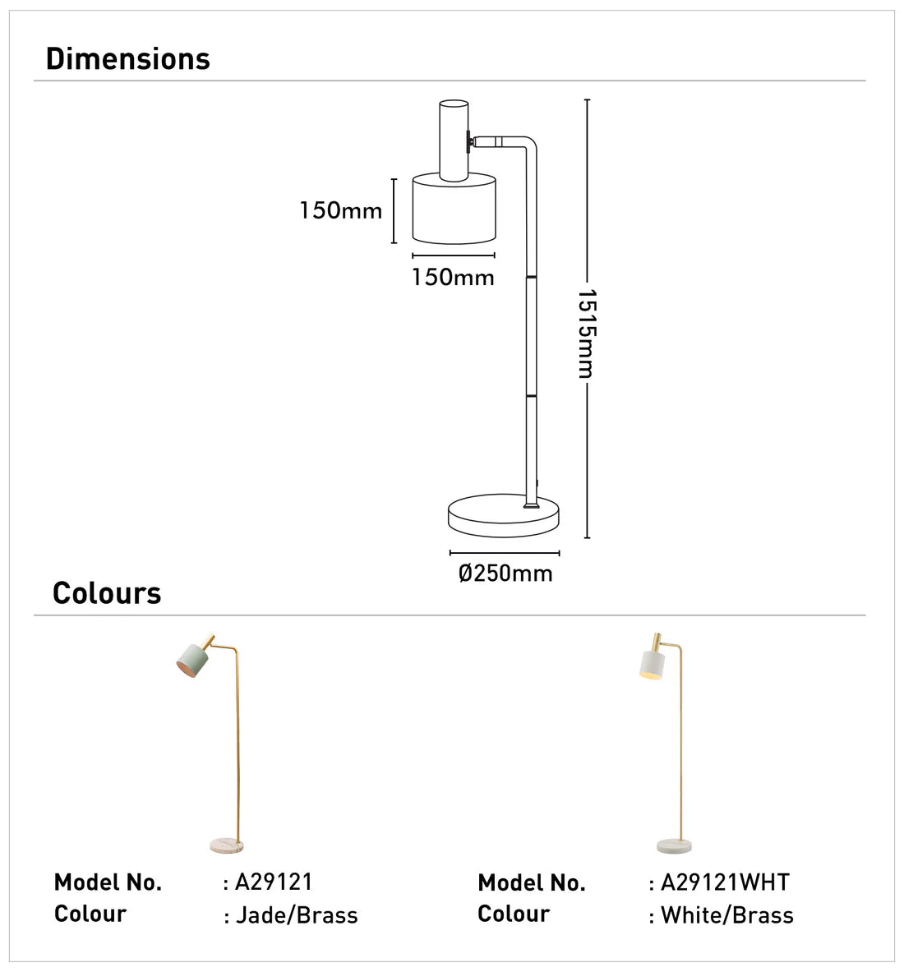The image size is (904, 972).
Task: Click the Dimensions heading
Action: click(x=128, y=59)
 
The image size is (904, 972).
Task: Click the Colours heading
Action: click(x=107, y=593)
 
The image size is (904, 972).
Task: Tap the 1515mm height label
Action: click(x=584, y=333)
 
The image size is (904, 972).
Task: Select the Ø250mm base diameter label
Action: click(x=505, y=573)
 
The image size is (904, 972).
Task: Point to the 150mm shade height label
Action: click(x=341, y=211)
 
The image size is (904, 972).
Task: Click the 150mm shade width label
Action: click(x=453, y=278)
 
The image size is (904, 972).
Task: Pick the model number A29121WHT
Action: click(x=725, y=882)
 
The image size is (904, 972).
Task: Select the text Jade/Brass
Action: click(x=297, y=915)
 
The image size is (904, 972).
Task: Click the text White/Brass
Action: click(x=726, y=915)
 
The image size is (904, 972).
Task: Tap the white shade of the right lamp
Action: click(x=649, y=661)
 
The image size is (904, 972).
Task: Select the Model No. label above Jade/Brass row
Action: click(x=108, y=882)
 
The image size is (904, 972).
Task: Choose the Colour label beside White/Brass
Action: click(x=514, y=914)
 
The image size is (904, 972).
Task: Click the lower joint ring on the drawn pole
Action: click(x=532, y=397)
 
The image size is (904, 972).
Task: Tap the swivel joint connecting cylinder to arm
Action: click(x=471, y=141)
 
